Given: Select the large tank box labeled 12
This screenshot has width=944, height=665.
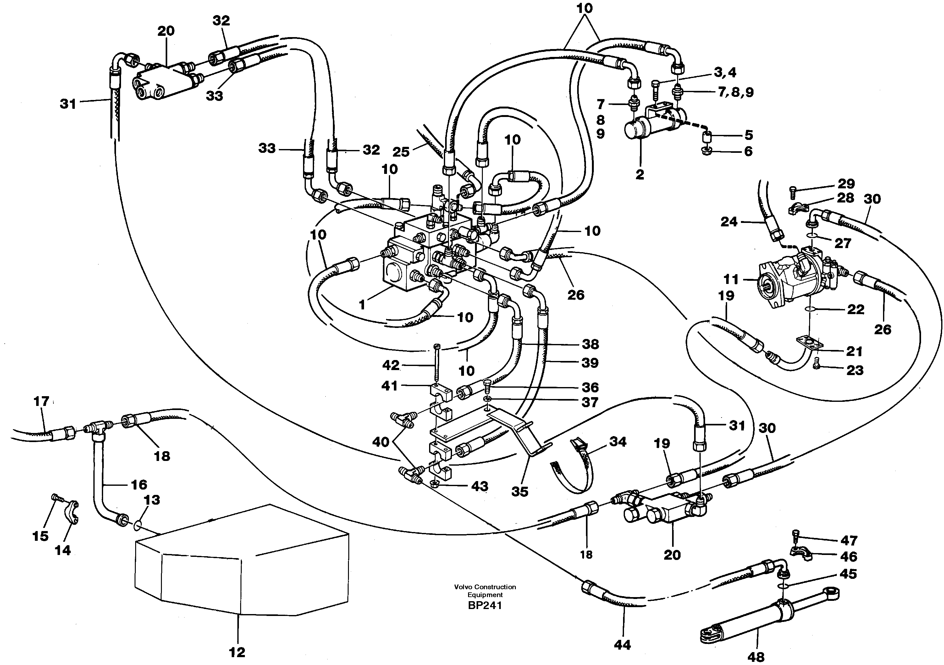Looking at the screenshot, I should (x=242, y=563).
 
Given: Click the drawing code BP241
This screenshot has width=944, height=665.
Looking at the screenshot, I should (x=485, y=606).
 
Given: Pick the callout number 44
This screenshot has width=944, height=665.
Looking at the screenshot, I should (x=622, y=645).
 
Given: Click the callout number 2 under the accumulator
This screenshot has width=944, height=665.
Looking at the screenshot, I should (x=639, y=175).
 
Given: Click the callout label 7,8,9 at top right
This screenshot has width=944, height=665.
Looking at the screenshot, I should (x=736, y=92).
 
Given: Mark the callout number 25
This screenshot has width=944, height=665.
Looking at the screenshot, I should (x=401, y=152).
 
